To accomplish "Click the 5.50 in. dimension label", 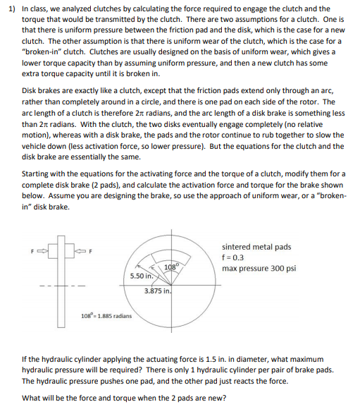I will tap(143, 276).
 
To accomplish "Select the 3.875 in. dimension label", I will tap(157, 291).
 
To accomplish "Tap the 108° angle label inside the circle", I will tap(170, 266).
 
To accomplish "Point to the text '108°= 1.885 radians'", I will tap(104, 315).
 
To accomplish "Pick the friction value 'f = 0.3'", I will tap(235, 258).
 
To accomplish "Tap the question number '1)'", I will tap(9, 8).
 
